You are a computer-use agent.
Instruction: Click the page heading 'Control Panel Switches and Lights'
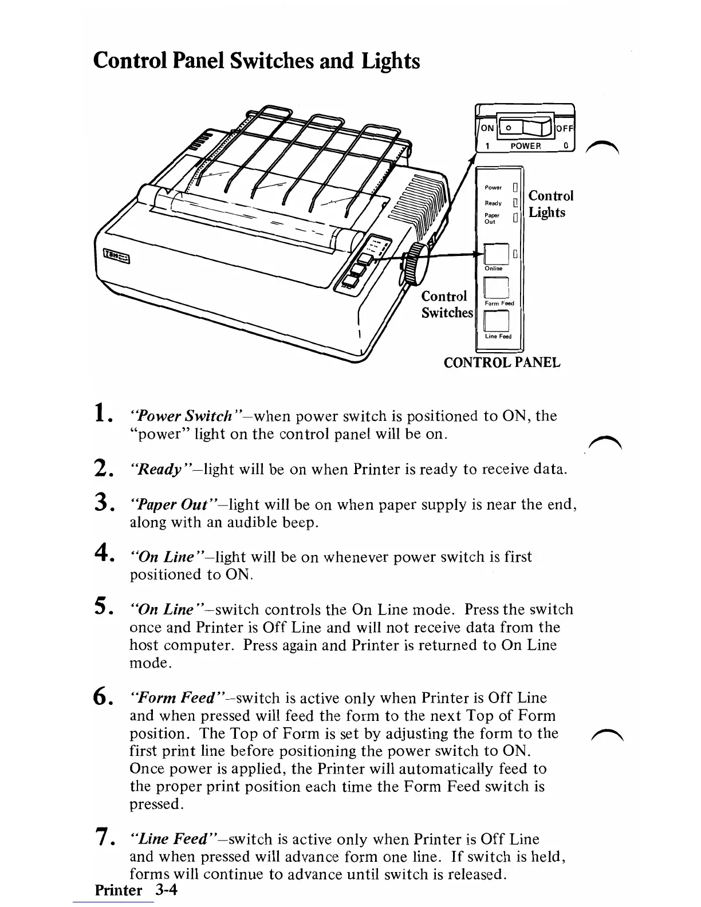tap(256, 61)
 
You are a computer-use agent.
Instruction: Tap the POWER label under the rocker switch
tap(525, 145)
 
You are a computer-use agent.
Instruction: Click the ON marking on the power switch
tap(486, 129)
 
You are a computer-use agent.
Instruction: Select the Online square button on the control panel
tap(496, 254)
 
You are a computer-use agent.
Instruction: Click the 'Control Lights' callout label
tap(550, 204)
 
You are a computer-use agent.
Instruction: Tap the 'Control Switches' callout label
tap(447, 304)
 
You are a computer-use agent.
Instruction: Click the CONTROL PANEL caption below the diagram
tap(502, 362)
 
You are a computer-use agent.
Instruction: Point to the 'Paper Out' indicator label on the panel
tap(491, 218)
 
